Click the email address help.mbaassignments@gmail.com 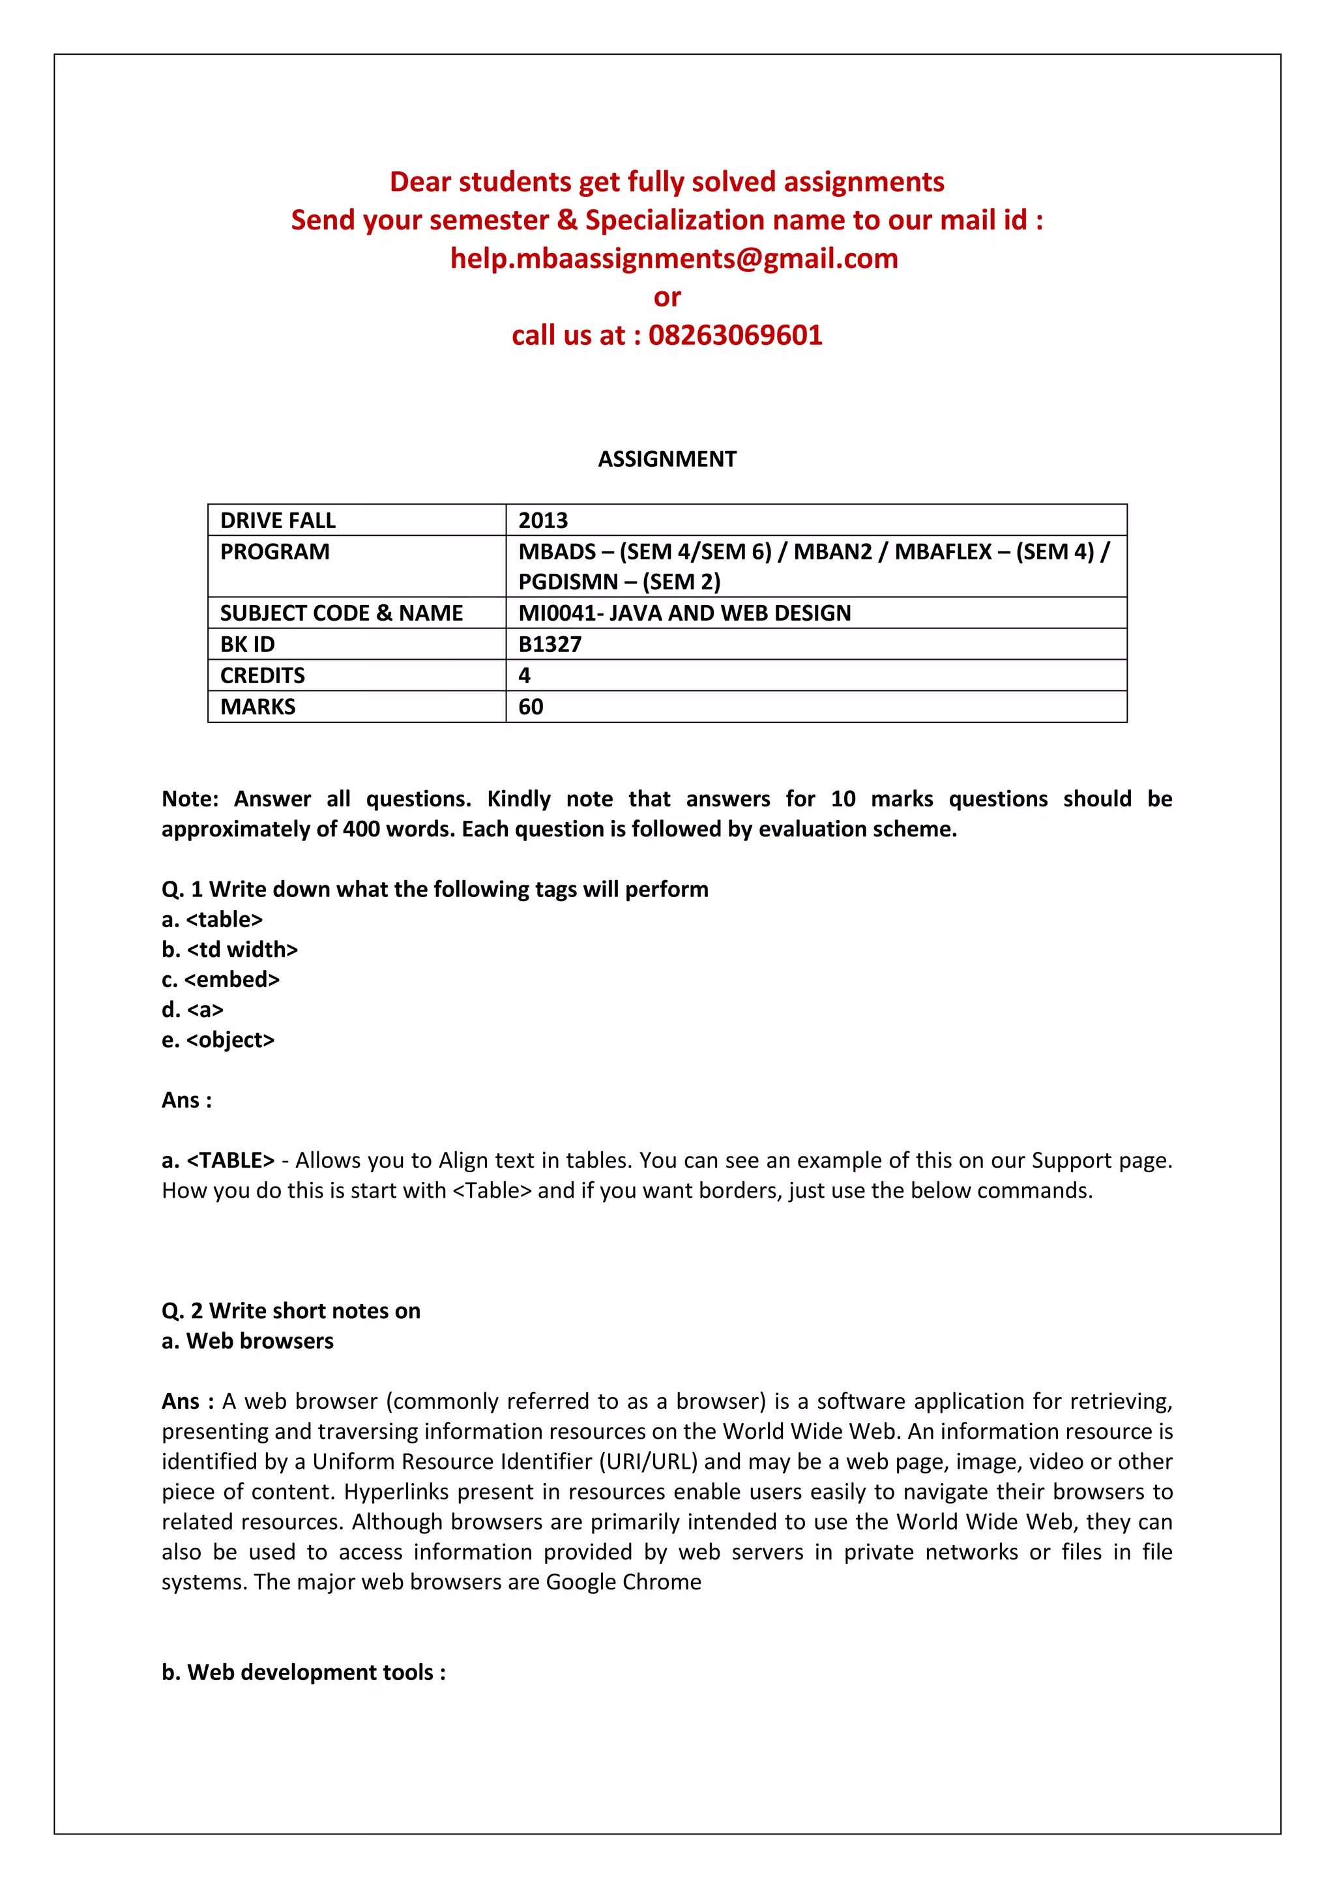click(x=673, y=259)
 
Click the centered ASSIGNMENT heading click(x=667, y=459)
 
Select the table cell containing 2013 click(x=544, y=520)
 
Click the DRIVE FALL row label click(x=278, y=520)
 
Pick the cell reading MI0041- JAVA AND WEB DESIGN click(x=684, y=613)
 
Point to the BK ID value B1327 click(x=550, y=645)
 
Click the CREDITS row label click(x=262, y=676)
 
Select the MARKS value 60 click(x=531, y=707)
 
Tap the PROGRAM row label click(x=274, y=552)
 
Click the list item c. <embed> click(x=220, y=980)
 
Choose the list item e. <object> click(x=218, y=1040)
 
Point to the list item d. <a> click(x=192, y=1010)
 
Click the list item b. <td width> click(x=229, y=950)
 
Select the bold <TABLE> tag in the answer click(x=230, y=1160)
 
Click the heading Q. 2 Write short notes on click(x=291, y=1311)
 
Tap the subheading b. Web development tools click(x=303, y=1673)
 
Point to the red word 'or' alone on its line click(x=667, y=297)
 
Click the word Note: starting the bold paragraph click(x=190, y=799)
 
